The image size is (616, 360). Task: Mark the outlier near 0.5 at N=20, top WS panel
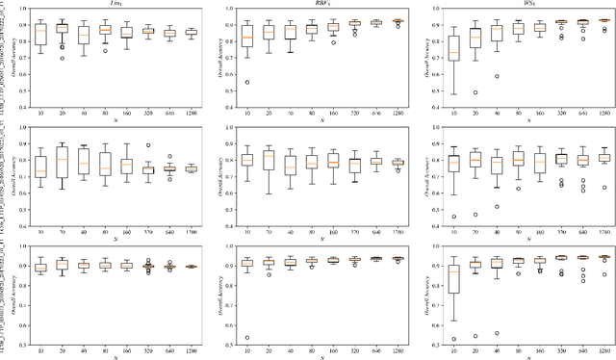475,92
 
